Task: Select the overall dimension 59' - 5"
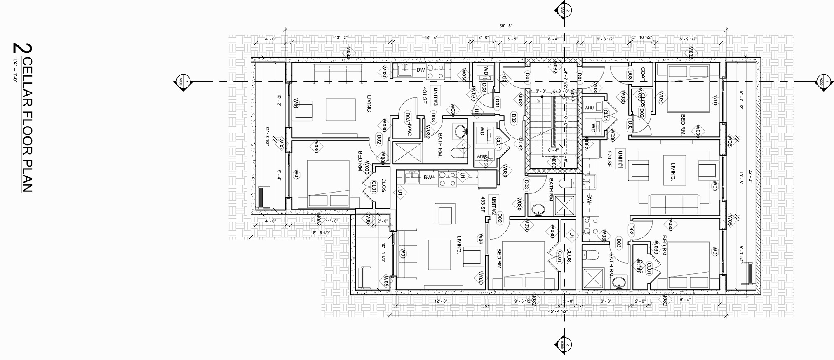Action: [x=505, y=26]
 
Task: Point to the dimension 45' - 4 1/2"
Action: [x=559, y=311]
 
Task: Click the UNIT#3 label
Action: [x=435, y=96]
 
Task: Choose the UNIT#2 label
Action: [x=493, y=205]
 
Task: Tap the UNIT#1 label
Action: [x=620, y=159]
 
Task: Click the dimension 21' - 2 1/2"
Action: [x=268, y=134]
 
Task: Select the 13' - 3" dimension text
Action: [x=341, y=38]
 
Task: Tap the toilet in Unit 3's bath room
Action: [x=458, y=153]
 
